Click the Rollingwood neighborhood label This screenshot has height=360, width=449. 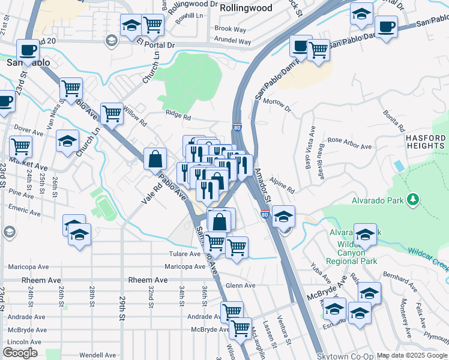pyautogui.click(x=246, y=8)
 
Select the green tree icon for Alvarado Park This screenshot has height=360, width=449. pyautogui.click(x=412, y=199)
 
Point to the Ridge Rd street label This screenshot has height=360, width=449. pyautogui.click(x=178, y=118)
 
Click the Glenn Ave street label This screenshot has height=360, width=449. pyautogui.click(x=241, y=286)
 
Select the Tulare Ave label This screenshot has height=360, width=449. pyautogui.click(x=184, y=254)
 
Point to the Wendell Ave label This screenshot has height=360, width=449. pyautogui.click(x=80, y=355)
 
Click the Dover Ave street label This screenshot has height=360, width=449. pyautogui.click(x=26, y=129)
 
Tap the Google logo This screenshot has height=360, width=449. pyautogui.click(x=20, y=353)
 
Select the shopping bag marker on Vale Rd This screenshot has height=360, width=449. pyautogui.click(x=155, y=160)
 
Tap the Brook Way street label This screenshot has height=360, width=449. pyautogui.click(x=231, y=29)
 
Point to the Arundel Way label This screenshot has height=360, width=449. pyautogui.click(x=232, y=41)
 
